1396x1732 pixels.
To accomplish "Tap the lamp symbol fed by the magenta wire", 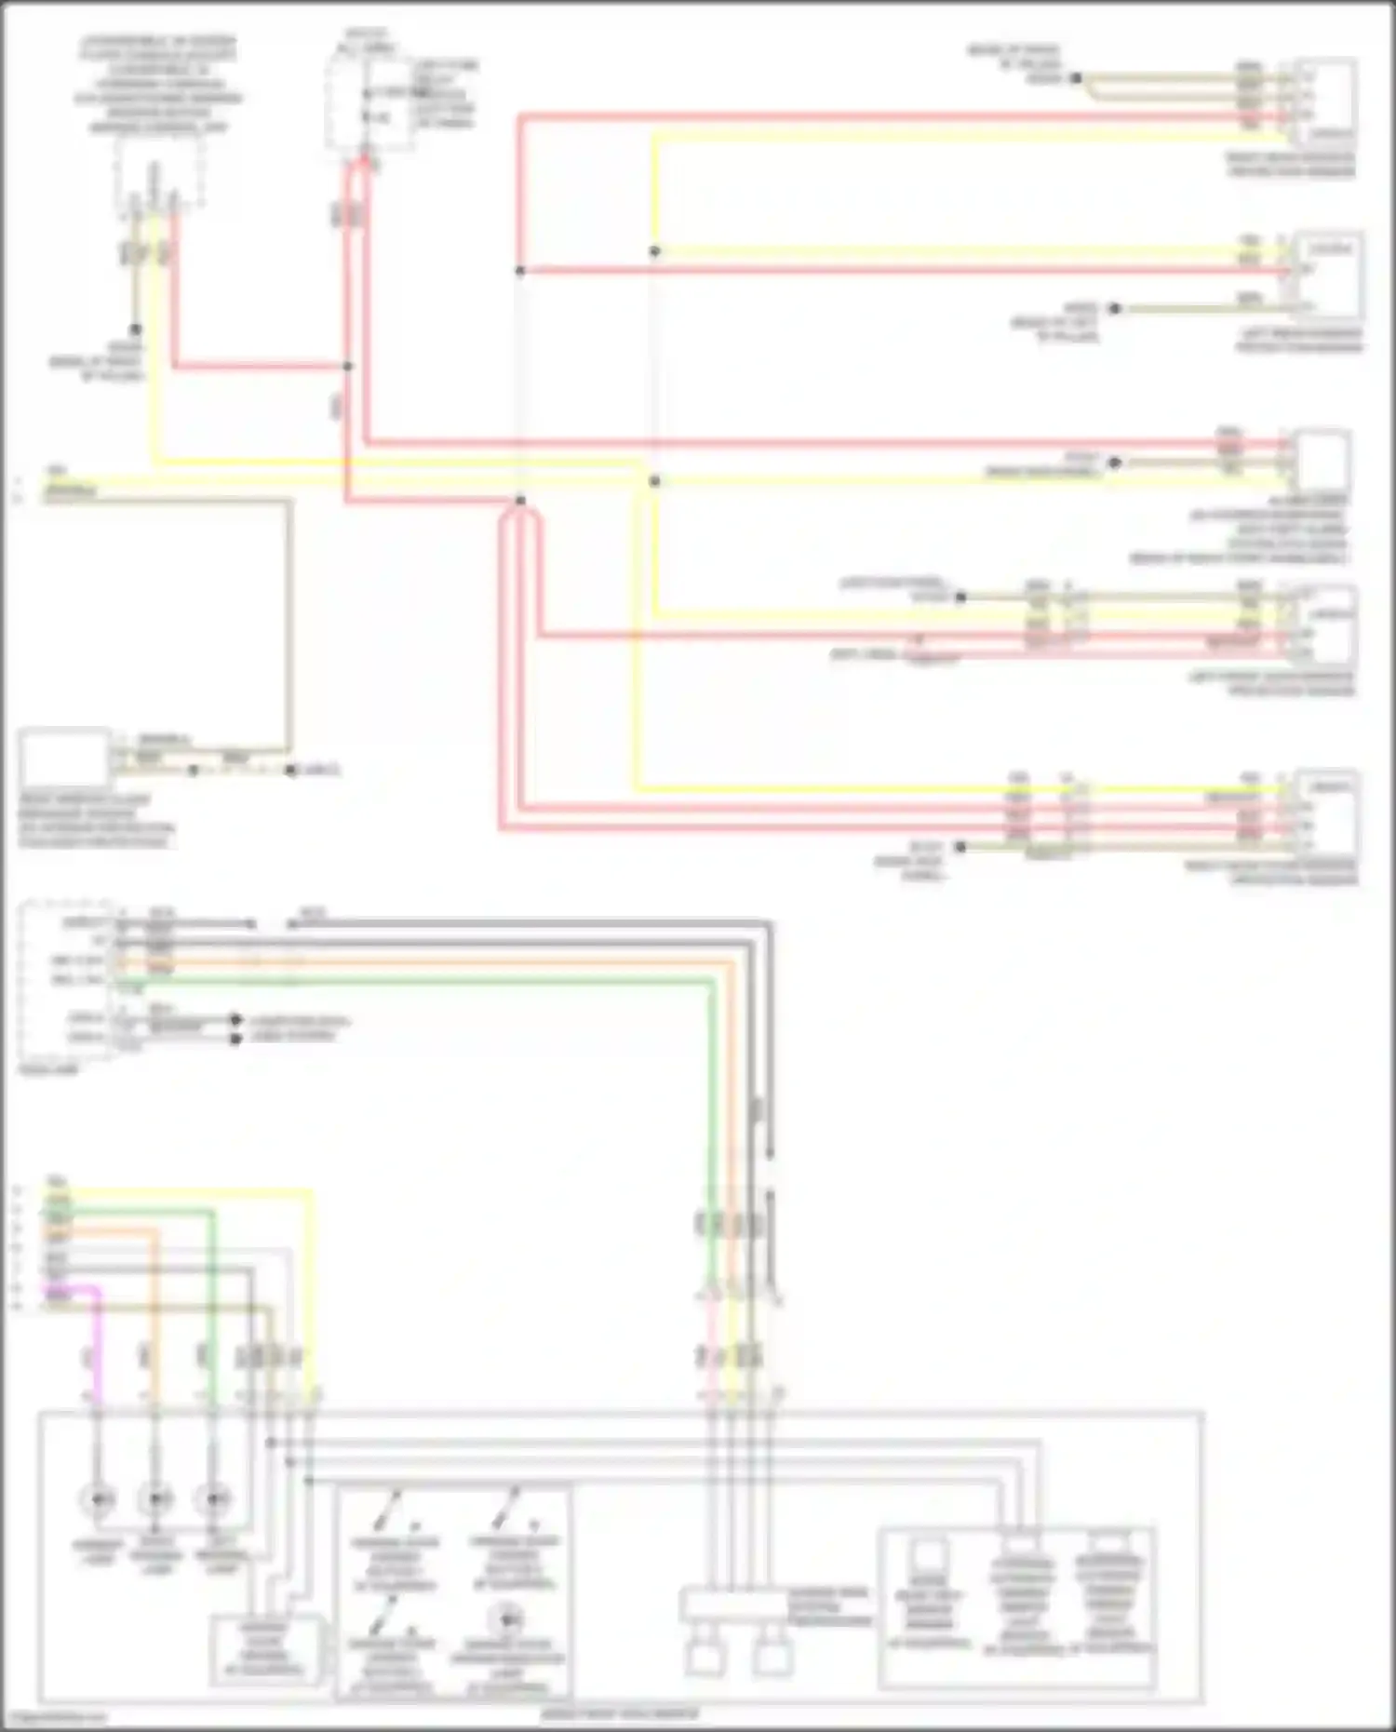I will tap(98, 1499).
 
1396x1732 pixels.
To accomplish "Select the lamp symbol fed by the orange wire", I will tap(155, 1499).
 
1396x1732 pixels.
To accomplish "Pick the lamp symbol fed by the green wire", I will tap(215, 1499).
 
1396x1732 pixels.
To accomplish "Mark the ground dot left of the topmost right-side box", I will tap(1076, 78).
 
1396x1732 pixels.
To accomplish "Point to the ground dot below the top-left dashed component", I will tap(136, 329).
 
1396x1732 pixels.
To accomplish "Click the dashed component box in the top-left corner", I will tap(159, 173).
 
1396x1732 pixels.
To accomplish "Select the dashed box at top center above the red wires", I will tap(369, 102).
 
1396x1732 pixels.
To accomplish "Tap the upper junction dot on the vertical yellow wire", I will tap(655, 251).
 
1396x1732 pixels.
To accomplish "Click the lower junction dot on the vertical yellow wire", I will tap(655, 481).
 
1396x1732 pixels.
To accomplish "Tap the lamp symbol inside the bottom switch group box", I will tap(508, 1619).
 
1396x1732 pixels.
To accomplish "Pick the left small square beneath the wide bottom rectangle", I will tap(705, 1657).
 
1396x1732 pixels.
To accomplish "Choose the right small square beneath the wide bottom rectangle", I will tap(772, 1657).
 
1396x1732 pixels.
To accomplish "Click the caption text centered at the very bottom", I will tap(619, 1713).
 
